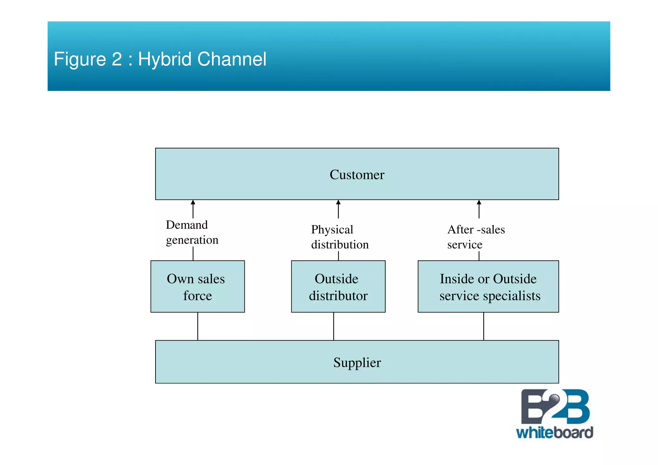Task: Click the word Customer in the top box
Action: [x=357, y=175]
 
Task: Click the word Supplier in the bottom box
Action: [x=357, y=362]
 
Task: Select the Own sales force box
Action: [x=197, y=287]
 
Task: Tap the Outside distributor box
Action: [x=338, y=287]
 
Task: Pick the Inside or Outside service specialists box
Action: [x=488, y=287]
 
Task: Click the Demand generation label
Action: [x=192, y=232]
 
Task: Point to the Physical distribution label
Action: [x=340, y=237]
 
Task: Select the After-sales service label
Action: [x=476, y=237]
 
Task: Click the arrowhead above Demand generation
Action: [x=193, y=202]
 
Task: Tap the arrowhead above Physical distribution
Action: [x=338, y=202]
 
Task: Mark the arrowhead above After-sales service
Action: [x=479, y=202]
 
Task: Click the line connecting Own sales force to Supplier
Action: [x=198, y=326]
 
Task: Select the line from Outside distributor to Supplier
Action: [x=333, y=326]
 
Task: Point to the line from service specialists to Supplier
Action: [x=484, y=326]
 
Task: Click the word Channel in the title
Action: [x=232, y=59]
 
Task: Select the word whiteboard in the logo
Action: [x=554, y=433]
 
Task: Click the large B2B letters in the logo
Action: [x=555, y=407]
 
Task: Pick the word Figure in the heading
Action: [x=80, y=59]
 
